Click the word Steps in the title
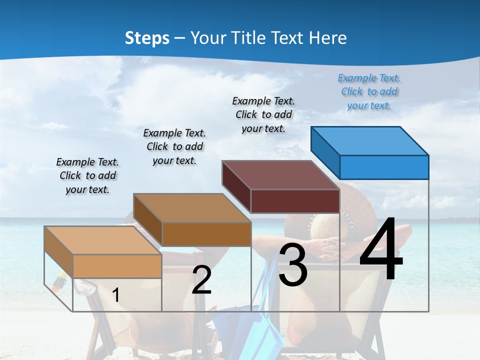[147, 38]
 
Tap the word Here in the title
[327, 38]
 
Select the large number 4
[381, 250]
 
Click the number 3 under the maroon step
[293, 265]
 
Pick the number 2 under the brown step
[201, 280]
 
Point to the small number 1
[116, 295]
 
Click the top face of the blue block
[369, 140]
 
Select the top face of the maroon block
[280, 175]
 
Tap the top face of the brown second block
[192, 207]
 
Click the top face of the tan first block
[102, 240]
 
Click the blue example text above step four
[369, 92]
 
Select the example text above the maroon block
[263, 114]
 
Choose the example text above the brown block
[174, 146]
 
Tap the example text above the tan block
[87, 175]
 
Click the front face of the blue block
[384, 167]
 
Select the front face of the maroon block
[295, 201]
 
